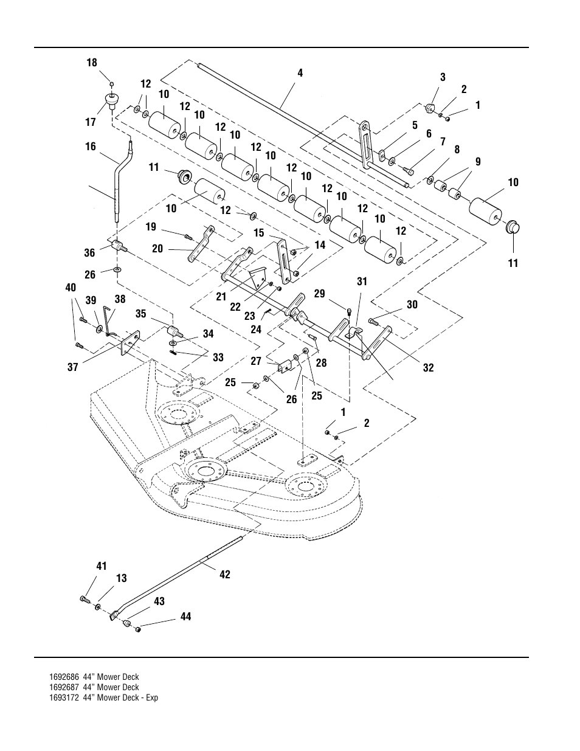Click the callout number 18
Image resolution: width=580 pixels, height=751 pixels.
point(92,63)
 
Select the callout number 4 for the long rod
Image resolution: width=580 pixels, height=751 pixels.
point(300,73)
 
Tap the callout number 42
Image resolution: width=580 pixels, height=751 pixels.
point(225,574)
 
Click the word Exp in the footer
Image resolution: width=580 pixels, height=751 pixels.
point(152,697)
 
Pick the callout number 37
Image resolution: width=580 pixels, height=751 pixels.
point(73,367)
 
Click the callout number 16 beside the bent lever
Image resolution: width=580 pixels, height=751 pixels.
point(91,147)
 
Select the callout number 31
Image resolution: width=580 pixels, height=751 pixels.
point(362,282)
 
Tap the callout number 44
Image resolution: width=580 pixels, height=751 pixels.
point(185,617)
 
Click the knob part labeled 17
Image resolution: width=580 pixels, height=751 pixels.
point(111,100)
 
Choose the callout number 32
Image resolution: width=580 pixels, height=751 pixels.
point(429,367)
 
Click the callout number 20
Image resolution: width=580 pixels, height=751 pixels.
point(157,249)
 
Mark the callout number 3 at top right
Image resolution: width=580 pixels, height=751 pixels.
point(443,77)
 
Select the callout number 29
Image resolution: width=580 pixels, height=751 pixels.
point(320,294)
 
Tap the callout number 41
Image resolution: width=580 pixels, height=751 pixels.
point(102,567)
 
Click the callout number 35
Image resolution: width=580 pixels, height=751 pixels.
point(141,314)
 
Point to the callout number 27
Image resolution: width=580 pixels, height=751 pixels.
point(256,361)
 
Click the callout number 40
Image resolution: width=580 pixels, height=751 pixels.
point(71,288)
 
